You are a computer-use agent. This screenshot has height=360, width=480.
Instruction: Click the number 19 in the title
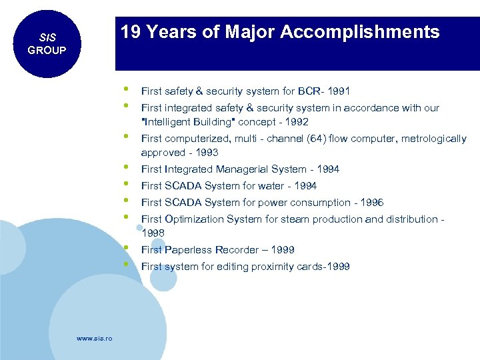tap(131, 32)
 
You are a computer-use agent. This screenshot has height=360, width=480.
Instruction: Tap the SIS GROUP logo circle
tap(46, 44)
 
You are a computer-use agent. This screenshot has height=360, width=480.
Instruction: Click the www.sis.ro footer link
tap(94, 339)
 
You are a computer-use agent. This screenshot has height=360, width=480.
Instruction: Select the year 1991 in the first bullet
tap(339, 91)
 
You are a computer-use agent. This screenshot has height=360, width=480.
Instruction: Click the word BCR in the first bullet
tap(309, 91)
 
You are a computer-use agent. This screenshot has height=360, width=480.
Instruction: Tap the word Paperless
tap(189, 250)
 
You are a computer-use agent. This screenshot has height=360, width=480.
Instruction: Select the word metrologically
tap(433, 139)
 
